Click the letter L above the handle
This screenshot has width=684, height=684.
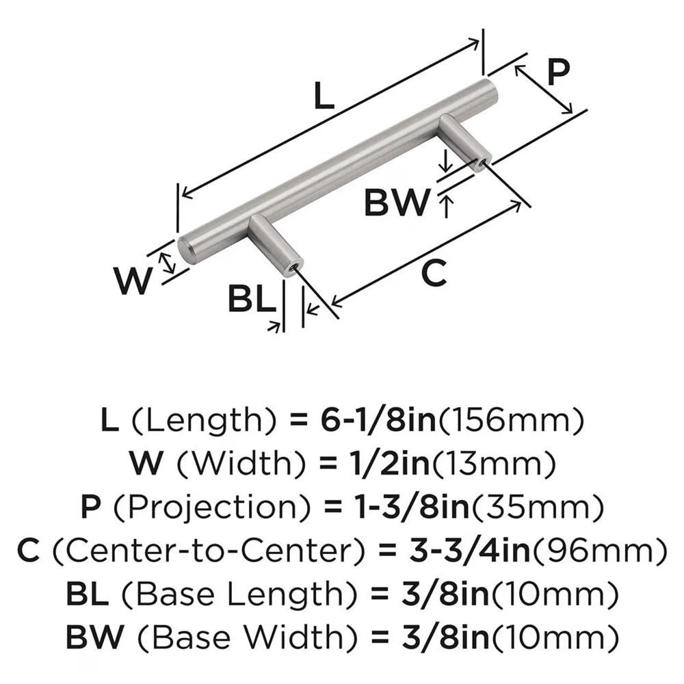point(323,97)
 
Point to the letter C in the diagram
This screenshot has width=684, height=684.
point(434,274)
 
